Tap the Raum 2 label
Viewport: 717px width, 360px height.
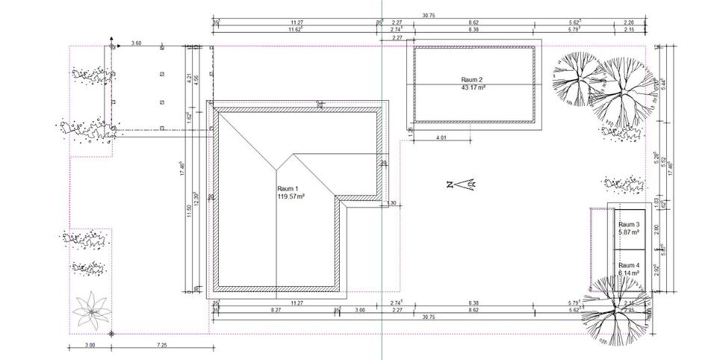click(473, 79)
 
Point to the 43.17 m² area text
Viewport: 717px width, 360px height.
click(474, 87)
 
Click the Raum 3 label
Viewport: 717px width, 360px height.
click(628, 224)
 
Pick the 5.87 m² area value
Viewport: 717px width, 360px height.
click(628, 232)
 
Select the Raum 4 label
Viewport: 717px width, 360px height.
click(628, 265)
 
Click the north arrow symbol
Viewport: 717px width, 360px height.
click(462, 183)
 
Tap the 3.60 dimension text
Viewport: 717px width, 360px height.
click(136, 43)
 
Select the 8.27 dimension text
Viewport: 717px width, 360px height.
click(276, 309)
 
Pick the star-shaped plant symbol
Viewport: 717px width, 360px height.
click(92, 309)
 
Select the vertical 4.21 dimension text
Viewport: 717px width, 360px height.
click(190, 77)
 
